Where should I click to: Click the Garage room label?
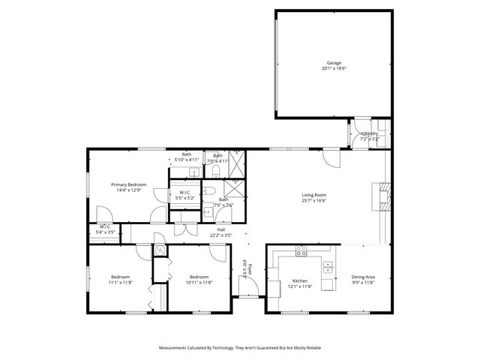pyautogui.click(x=334, y=62)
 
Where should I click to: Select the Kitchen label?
pyautogui.click(x=300, y=280)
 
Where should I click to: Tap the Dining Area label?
pyautogui.click(x=364, y=277)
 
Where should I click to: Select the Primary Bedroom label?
pyautogui.click(x=128, y=184)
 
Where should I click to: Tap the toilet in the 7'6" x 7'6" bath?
pyautogui.click(x=208, y=212)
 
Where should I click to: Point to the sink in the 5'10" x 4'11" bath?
pyautogui.click(x=193, y=172)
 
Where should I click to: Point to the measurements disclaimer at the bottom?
pyautogui.click(x=239, y=348)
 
